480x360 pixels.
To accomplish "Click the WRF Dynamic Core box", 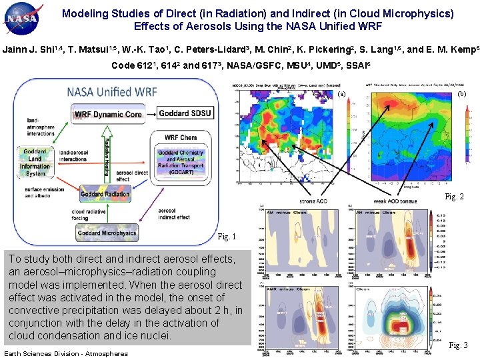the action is point(108,114).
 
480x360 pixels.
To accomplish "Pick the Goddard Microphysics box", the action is point(107,233).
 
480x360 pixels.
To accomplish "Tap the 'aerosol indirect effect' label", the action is point(174,214).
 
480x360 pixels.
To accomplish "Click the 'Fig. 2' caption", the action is point(454,197).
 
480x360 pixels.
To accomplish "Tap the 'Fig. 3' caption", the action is point(458,345).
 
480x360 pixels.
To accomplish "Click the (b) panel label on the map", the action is point(462,95).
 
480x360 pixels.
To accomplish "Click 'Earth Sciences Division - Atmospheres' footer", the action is point(66,353).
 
